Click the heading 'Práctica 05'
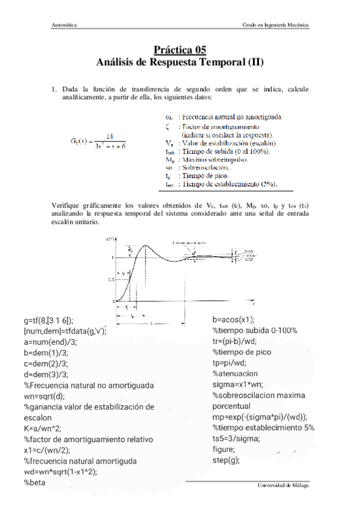click(x=180, y=51)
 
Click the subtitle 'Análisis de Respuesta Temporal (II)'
click(x=180, y=61)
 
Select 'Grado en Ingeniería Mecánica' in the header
click(x=276, y=26)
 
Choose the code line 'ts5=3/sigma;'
click(x=236, y=438)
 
